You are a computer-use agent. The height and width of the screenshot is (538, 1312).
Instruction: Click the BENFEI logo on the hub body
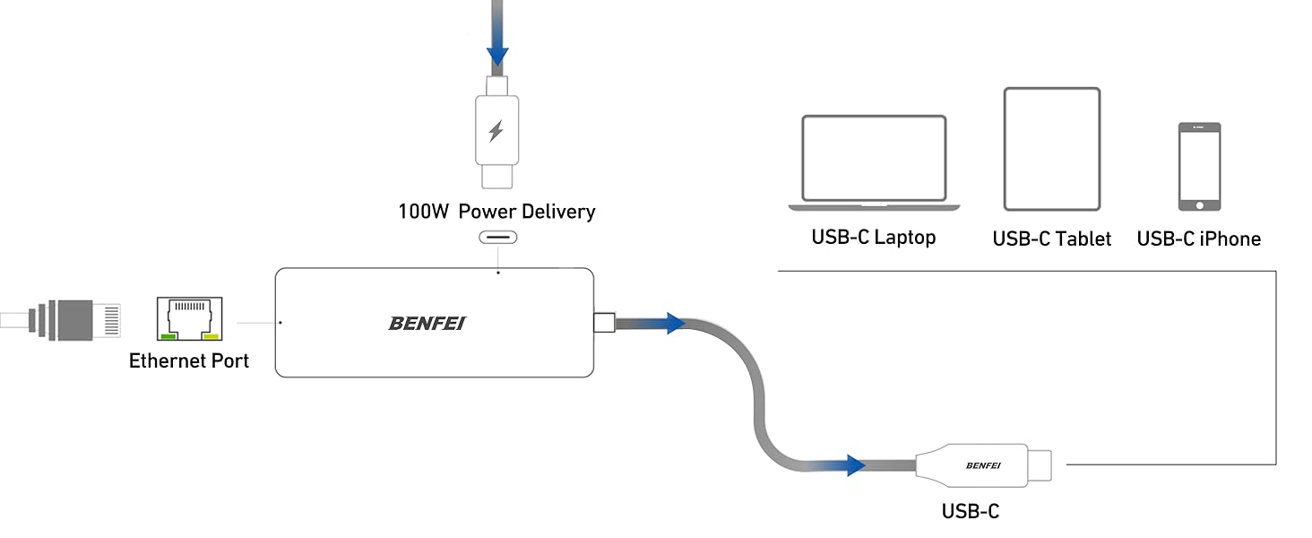[427, 323]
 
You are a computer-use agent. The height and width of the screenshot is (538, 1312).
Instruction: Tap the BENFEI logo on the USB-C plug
[983, 464]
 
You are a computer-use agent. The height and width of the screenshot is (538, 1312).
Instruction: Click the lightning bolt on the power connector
[496, 132]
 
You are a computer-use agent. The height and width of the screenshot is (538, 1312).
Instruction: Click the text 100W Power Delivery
[496, 212]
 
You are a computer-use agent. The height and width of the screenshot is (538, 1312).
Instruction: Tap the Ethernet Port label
[189, 360]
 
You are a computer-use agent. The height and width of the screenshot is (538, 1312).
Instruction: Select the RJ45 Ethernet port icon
[189, 320]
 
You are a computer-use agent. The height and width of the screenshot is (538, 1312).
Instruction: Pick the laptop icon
[874, 162]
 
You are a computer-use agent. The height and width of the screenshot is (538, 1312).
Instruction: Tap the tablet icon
[1051, 148]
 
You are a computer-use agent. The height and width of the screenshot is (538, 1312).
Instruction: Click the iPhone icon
[1199, 167]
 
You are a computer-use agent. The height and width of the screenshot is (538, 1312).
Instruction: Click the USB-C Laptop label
[874, 238]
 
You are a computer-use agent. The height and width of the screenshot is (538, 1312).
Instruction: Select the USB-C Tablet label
[1051, 239]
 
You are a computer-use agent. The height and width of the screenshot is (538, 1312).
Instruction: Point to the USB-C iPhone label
[1198, 239]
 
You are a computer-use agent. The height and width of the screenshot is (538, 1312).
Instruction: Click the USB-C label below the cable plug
[970, 512]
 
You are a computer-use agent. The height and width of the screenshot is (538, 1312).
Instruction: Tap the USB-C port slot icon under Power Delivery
[497, 239]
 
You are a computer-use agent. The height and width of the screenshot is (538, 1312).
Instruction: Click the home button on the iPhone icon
[1199, 204]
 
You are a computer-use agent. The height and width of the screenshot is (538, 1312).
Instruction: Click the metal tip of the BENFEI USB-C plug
[1040, 464]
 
